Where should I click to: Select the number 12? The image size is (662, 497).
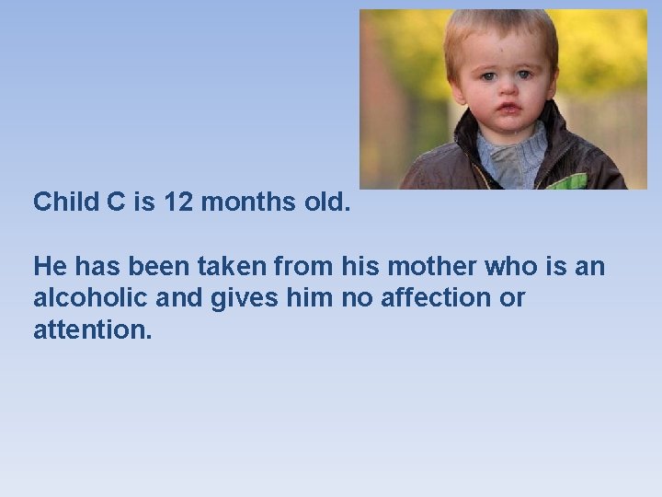[x=177, y=202]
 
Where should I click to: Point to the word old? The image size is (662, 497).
[x=325, y=202]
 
